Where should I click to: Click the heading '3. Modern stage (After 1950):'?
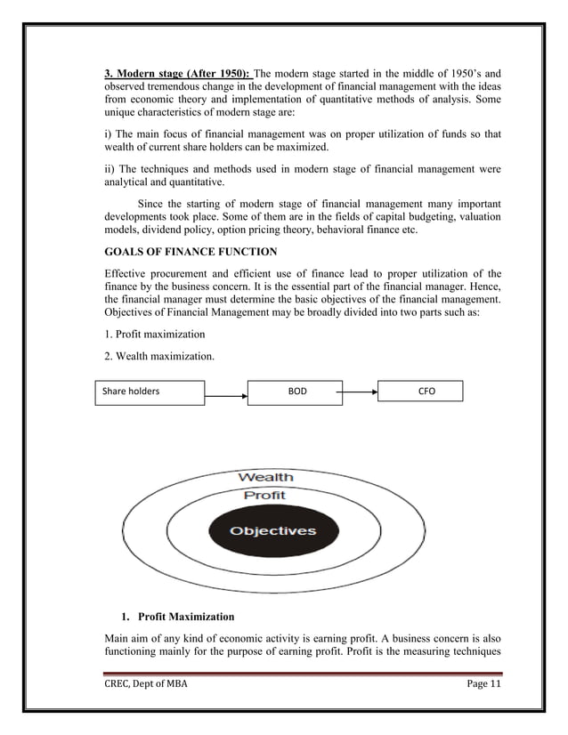(x=179, y=74)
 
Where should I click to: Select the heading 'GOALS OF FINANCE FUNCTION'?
(x=190, y=252)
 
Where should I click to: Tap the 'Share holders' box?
(x=150, y=391)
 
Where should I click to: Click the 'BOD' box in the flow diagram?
(x=295, y=391)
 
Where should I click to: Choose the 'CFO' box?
(x=420, y=391)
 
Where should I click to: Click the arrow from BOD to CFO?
(x=361, y=391)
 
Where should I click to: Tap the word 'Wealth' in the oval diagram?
(x=264, y=477)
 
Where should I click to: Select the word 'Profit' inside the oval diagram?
(x=264, y=495)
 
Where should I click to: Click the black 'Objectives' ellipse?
(x=273, y=531)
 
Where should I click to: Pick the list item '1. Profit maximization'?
(x=154, y=334)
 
